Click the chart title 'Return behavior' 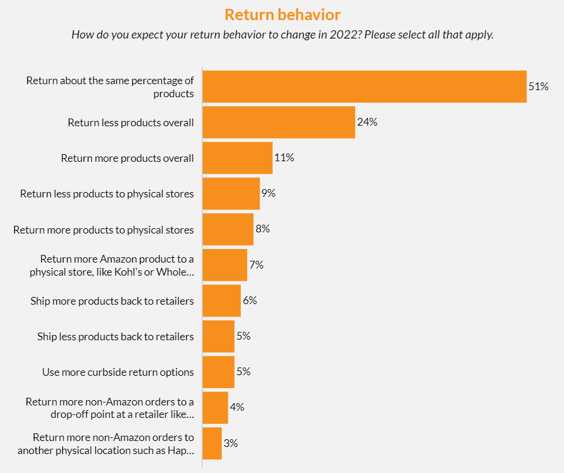pos(282,14)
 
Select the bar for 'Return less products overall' pos(279,122)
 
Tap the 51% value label pos(538,87)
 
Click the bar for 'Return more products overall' pos(237,158)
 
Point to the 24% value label pos(367,122)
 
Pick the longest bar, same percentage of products pos(364,87)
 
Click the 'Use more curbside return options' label pos(118,372)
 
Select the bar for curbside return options pos(218,372)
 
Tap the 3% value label pos(231,443)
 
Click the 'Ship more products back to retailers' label pos(112,301)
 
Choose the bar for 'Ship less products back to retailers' pos(218,336)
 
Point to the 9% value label pos(268,193)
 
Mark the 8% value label pos(262,229)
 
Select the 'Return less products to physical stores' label pos(107,194)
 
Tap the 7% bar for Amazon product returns pos(225,265)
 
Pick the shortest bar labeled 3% pos(212,443)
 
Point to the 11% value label pos(284,158)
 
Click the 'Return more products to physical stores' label pos(104,229)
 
